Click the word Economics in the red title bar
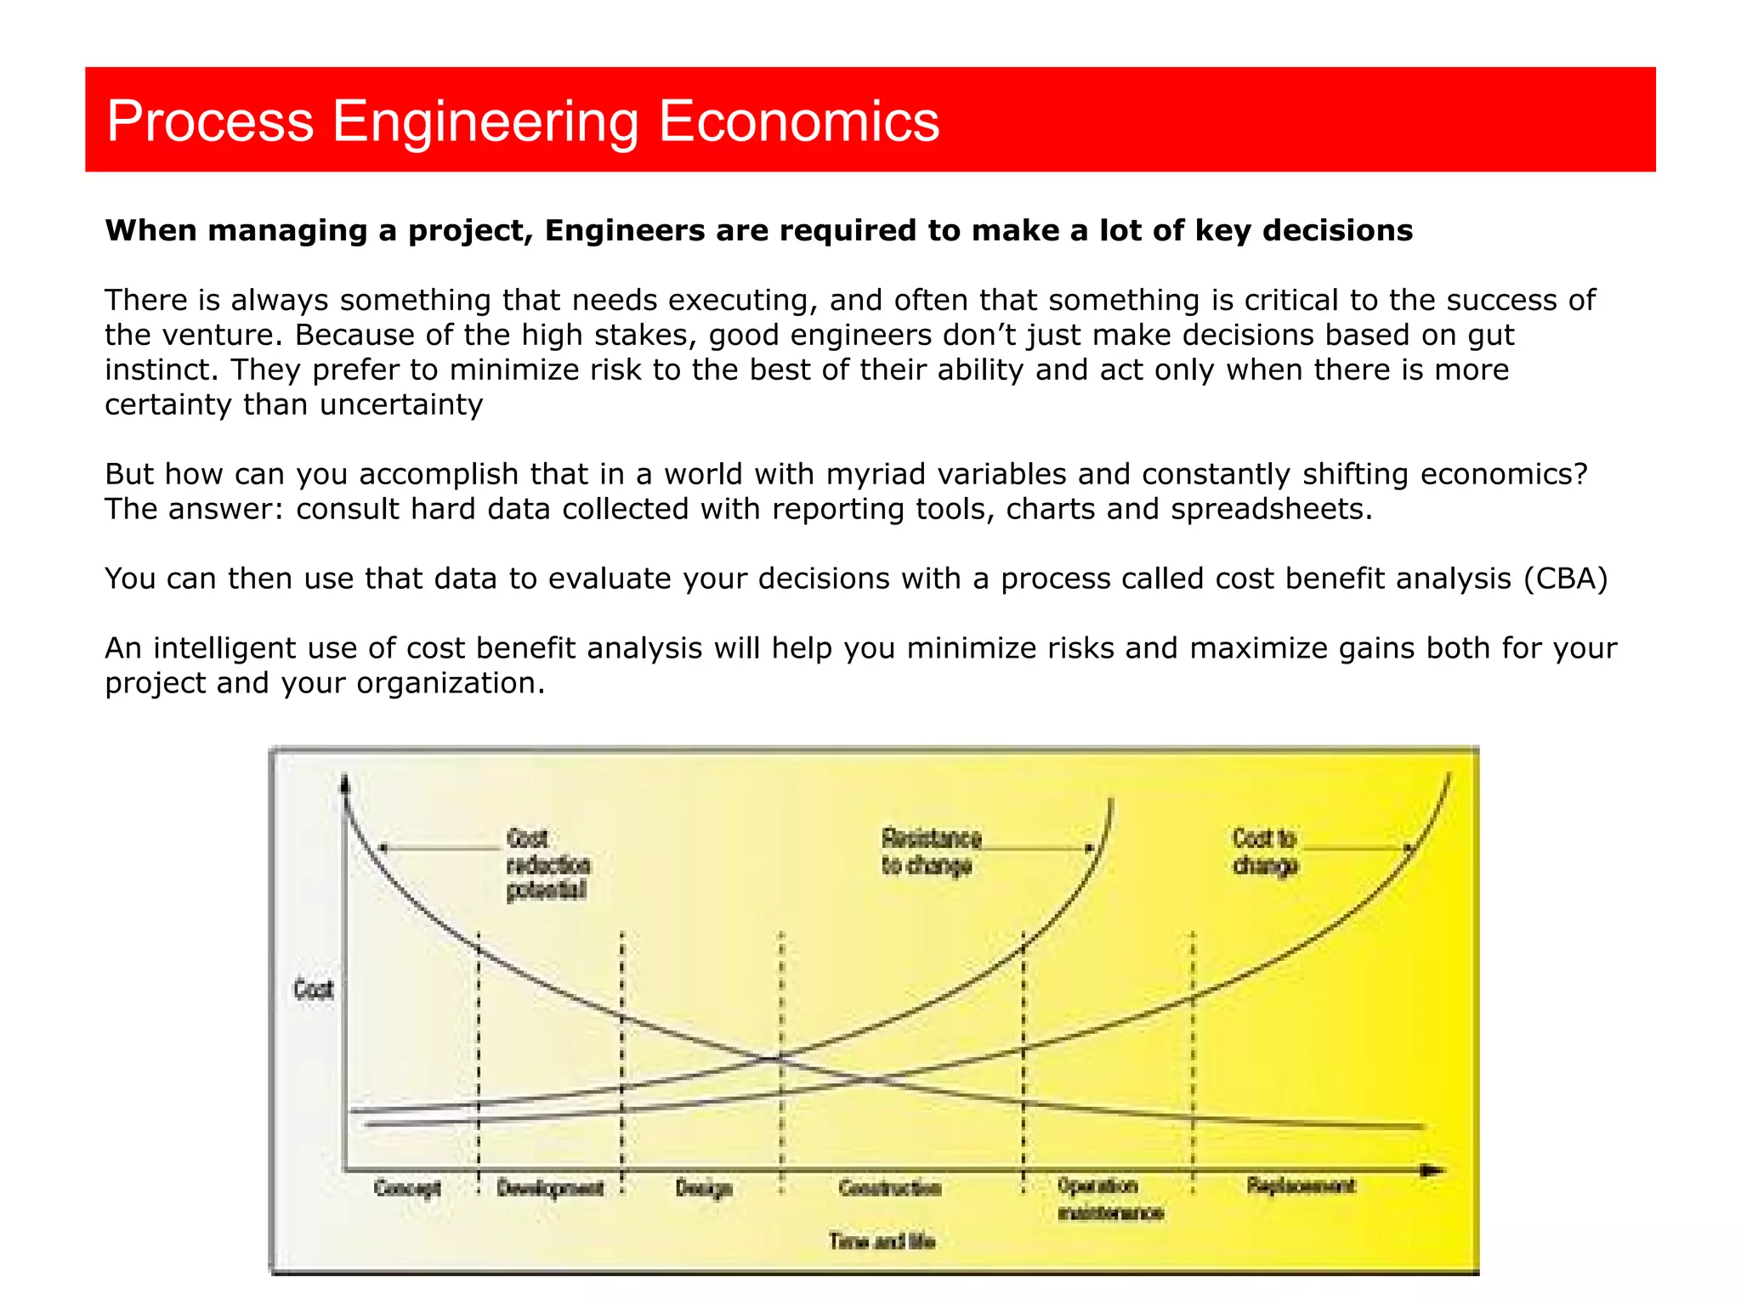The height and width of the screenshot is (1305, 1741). [798, 121]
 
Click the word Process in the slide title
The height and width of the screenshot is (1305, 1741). [210, 121]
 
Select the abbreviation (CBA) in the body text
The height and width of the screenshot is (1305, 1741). [1565, 579]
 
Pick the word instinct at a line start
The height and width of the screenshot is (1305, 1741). [159, 370]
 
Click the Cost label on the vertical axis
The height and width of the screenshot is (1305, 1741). [313, 989]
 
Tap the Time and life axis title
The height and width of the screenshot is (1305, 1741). [882, 1241]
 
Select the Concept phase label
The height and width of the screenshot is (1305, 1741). [407, 1187]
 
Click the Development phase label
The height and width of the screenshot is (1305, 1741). [550, 1187]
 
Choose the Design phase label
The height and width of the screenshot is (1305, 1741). [704, 1187]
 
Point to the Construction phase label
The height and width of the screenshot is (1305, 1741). [890, 1187]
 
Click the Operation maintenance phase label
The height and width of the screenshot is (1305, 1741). [1109, 1199]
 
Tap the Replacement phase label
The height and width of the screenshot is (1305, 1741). [1301, 1185]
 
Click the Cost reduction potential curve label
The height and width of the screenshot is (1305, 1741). [547, 864]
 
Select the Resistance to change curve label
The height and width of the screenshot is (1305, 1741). [930, 851]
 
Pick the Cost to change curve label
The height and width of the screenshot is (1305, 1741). [1265, 851]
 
